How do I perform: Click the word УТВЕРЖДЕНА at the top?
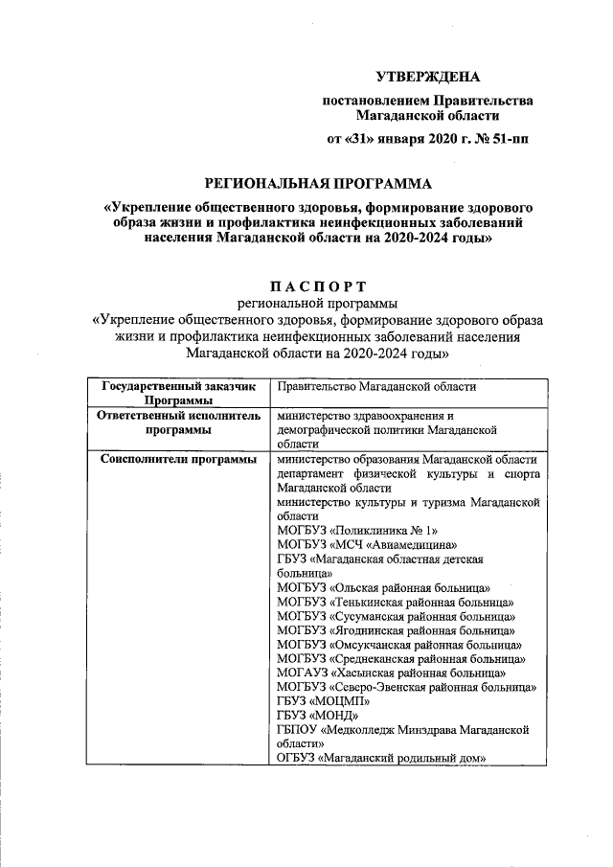coord(426,76)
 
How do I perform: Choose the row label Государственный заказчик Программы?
coord(173,393)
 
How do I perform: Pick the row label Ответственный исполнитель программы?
coord(173,423)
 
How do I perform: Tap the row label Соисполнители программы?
coord(173,460)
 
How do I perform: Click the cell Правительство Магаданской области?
coord(375,386)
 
